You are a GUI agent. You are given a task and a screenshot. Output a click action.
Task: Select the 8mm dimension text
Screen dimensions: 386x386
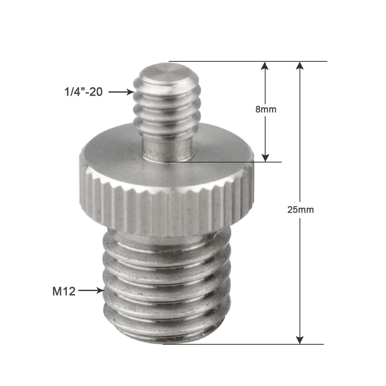point(266,109)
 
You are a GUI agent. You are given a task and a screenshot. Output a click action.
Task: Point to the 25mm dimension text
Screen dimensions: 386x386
point(300,210)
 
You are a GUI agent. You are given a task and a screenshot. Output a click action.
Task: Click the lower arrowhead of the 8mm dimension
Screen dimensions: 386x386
point(265,157)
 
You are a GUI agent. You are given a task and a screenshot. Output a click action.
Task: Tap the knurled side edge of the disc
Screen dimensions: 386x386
point(166,208)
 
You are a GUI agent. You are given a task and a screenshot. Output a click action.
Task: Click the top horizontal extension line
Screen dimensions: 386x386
point(247,61)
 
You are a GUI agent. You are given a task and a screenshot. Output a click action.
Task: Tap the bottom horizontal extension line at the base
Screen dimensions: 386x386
point(243,344)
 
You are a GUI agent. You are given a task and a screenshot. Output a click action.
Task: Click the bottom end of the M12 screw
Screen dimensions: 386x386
point(166,340)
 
